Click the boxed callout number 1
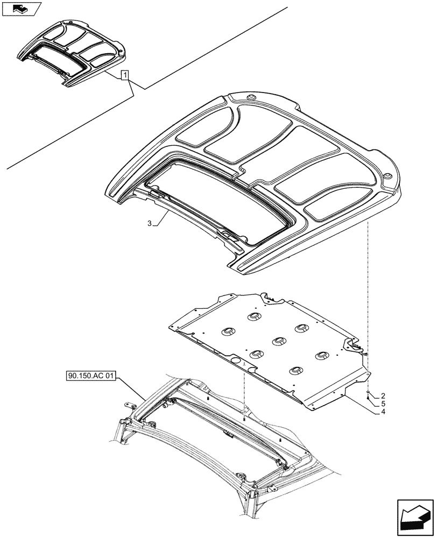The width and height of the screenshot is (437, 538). pyautogui.click(x=125, y=75)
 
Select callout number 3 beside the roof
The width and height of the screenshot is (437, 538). pyautogui.click(x=149, y=223)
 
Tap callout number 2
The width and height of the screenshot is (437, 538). pyautogui.click(x=383, y=395)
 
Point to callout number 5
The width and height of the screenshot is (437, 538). pyautogui.click(x=383, y=403)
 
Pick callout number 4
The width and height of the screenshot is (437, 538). pyautogui.click(x=383, y=412)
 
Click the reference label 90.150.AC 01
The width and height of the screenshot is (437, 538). pyautogui.click(x=90, y=377)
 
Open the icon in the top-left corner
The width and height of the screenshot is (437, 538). pyautogui.click(x=22, y=9)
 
